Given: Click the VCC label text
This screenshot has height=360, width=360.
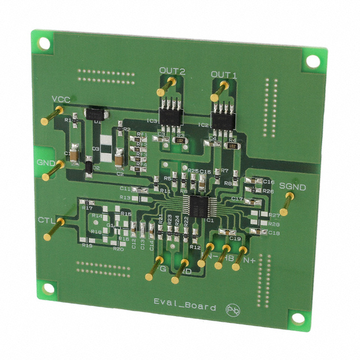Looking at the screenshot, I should point(61,100).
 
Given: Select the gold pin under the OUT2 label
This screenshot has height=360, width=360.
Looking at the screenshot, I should point(170,85).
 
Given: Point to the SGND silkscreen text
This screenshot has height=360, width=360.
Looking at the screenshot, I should point(293,186).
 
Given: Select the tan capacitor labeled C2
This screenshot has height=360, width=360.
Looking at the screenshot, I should point(119,161).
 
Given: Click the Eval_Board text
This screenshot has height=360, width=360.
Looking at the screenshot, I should point(184,307).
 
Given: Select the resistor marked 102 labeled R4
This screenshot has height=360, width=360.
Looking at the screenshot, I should point(232,145).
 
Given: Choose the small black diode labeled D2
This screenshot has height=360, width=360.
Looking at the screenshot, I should point(88,167).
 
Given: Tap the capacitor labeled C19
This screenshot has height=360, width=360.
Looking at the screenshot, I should point(228,232).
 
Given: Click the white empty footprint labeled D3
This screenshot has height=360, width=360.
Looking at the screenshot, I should point(105,144).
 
